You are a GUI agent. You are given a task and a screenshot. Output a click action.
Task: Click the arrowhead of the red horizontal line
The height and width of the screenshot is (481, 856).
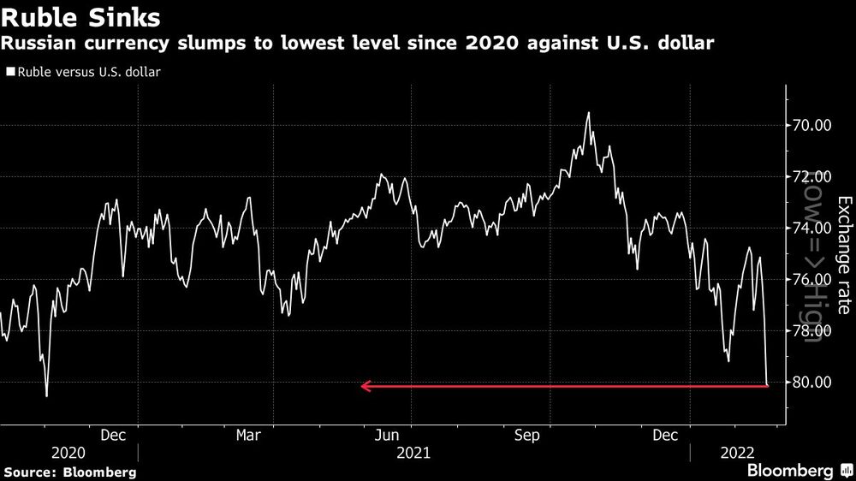tap(366, 387)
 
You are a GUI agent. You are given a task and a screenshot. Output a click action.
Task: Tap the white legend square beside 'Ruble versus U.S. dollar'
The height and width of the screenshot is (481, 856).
tap(9, 72)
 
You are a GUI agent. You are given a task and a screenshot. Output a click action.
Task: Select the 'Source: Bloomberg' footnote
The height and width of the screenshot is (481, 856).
tap(69, 472)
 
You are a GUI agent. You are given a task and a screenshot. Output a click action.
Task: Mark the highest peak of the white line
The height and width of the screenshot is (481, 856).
tap(588, 112)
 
